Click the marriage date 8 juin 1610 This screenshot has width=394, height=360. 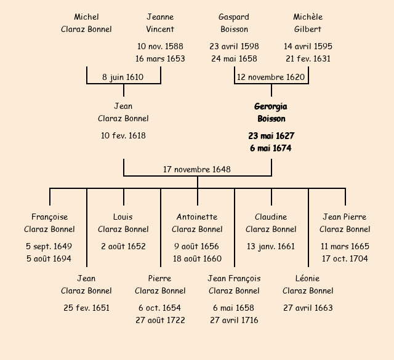click(x=123, y=78)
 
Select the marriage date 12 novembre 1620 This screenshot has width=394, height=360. click(x=271, y=78)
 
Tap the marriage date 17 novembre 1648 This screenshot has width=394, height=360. click(x=197, y=169)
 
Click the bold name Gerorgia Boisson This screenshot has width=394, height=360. click(x=271, y=113)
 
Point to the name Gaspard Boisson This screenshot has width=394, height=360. click(x=234, y=23)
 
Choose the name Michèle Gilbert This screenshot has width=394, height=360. click(x=308, y=23)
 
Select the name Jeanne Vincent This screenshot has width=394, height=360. click(x=160, y=23)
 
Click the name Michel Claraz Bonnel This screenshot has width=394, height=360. click(x=86, y=23)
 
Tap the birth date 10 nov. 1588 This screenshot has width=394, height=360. click(x=160, y=46)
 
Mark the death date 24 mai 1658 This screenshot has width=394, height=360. click(x=234, y=59)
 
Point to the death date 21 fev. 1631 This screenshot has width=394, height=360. click(x=308, y=59)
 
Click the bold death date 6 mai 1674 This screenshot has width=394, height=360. click(x=271, y=148)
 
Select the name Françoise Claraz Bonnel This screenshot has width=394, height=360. click(x=49, y=223)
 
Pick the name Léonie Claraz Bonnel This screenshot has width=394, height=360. click(x=308, y=284)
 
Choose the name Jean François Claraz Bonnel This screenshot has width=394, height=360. click(x=234, y=284)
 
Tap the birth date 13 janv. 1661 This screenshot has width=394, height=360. click(x=271, y=246)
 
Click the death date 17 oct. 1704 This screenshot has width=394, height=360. click(x=345, y=258)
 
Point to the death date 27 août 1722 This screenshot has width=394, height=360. click(x=160, y=320)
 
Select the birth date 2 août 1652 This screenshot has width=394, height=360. click(x=123, y=246)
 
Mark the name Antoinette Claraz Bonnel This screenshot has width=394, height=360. click(x=197, y=223)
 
